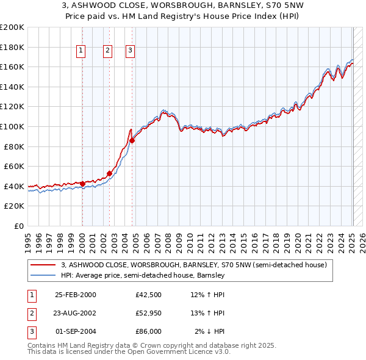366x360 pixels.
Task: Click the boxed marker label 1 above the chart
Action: pyautogui.click(x=81, y=51)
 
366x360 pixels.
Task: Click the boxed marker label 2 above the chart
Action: pyautogui.click(x=107, y=51)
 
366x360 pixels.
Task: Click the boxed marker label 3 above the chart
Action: pyautogui.click(x=131, y=51)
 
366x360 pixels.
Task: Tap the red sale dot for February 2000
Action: pyautogui.click(x=82, y=184)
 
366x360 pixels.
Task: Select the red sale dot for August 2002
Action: pyautogui.click(x=109, y=173)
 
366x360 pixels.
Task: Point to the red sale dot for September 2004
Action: pyautogui.click(x=132, y=140)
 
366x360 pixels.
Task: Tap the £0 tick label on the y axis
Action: pyautogui.click(x=18, y=226)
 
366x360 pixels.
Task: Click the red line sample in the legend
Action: pyautogui.click(x=43, y=265)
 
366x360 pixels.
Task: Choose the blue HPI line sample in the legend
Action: pyautogui.click(x=43, y=275)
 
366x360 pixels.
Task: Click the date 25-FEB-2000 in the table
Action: pyautogui.click(x=75, y=295)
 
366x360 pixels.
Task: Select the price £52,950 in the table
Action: pyautogui.click(x=149, y=313)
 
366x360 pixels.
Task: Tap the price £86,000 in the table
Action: pyautogui.click(x=149, y=331)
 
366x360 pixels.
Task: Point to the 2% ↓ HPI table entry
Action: pyautogui.click(x=210, y=331)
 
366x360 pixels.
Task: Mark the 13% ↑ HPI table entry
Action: pyautogui.click(x=208, y=313)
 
